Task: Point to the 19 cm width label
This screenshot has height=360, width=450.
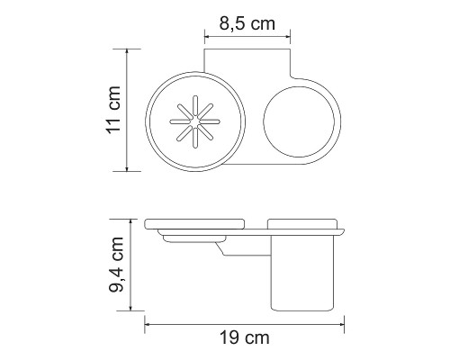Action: [x=245, y=338]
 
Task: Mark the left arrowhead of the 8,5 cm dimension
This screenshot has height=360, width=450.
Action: [x=208, y=38]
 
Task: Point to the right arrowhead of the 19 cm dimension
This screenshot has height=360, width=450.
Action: [x=344, y=324]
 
